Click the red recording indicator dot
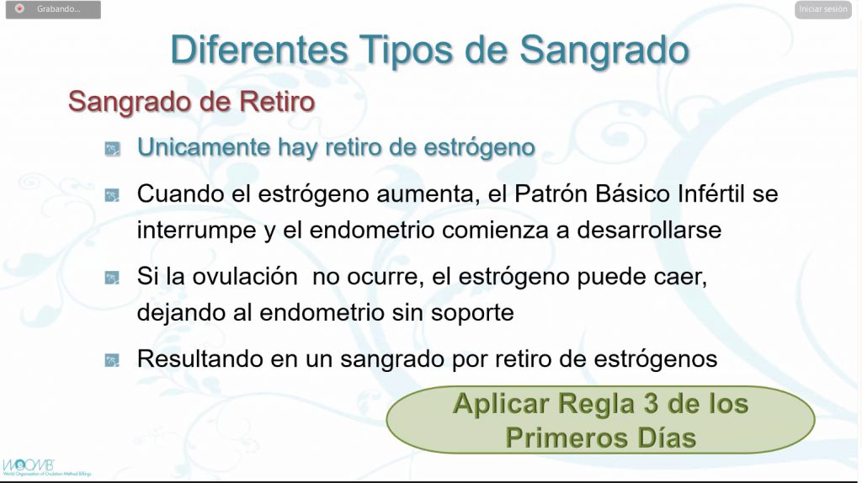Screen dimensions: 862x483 tap(20, 8)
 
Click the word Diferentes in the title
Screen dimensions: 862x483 tap(259, 50)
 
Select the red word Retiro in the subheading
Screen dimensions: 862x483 tap(276, 101)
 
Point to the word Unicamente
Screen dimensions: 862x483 tap(204, 146)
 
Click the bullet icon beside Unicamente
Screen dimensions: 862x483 tap(112, 149)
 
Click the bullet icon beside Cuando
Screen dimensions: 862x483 tap(112, 195)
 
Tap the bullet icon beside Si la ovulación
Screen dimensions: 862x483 tap(112, 278)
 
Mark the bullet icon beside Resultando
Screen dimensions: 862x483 tap(112, 360)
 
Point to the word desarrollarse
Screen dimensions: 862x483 tap(649, 230)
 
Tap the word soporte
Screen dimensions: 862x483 tap(472, 312)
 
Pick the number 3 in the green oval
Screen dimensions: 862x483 tap(651, 403)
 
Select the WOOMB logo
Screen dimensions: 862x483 tap(29, 466)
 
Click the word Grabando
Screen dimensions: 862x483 tap(58, 8)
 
